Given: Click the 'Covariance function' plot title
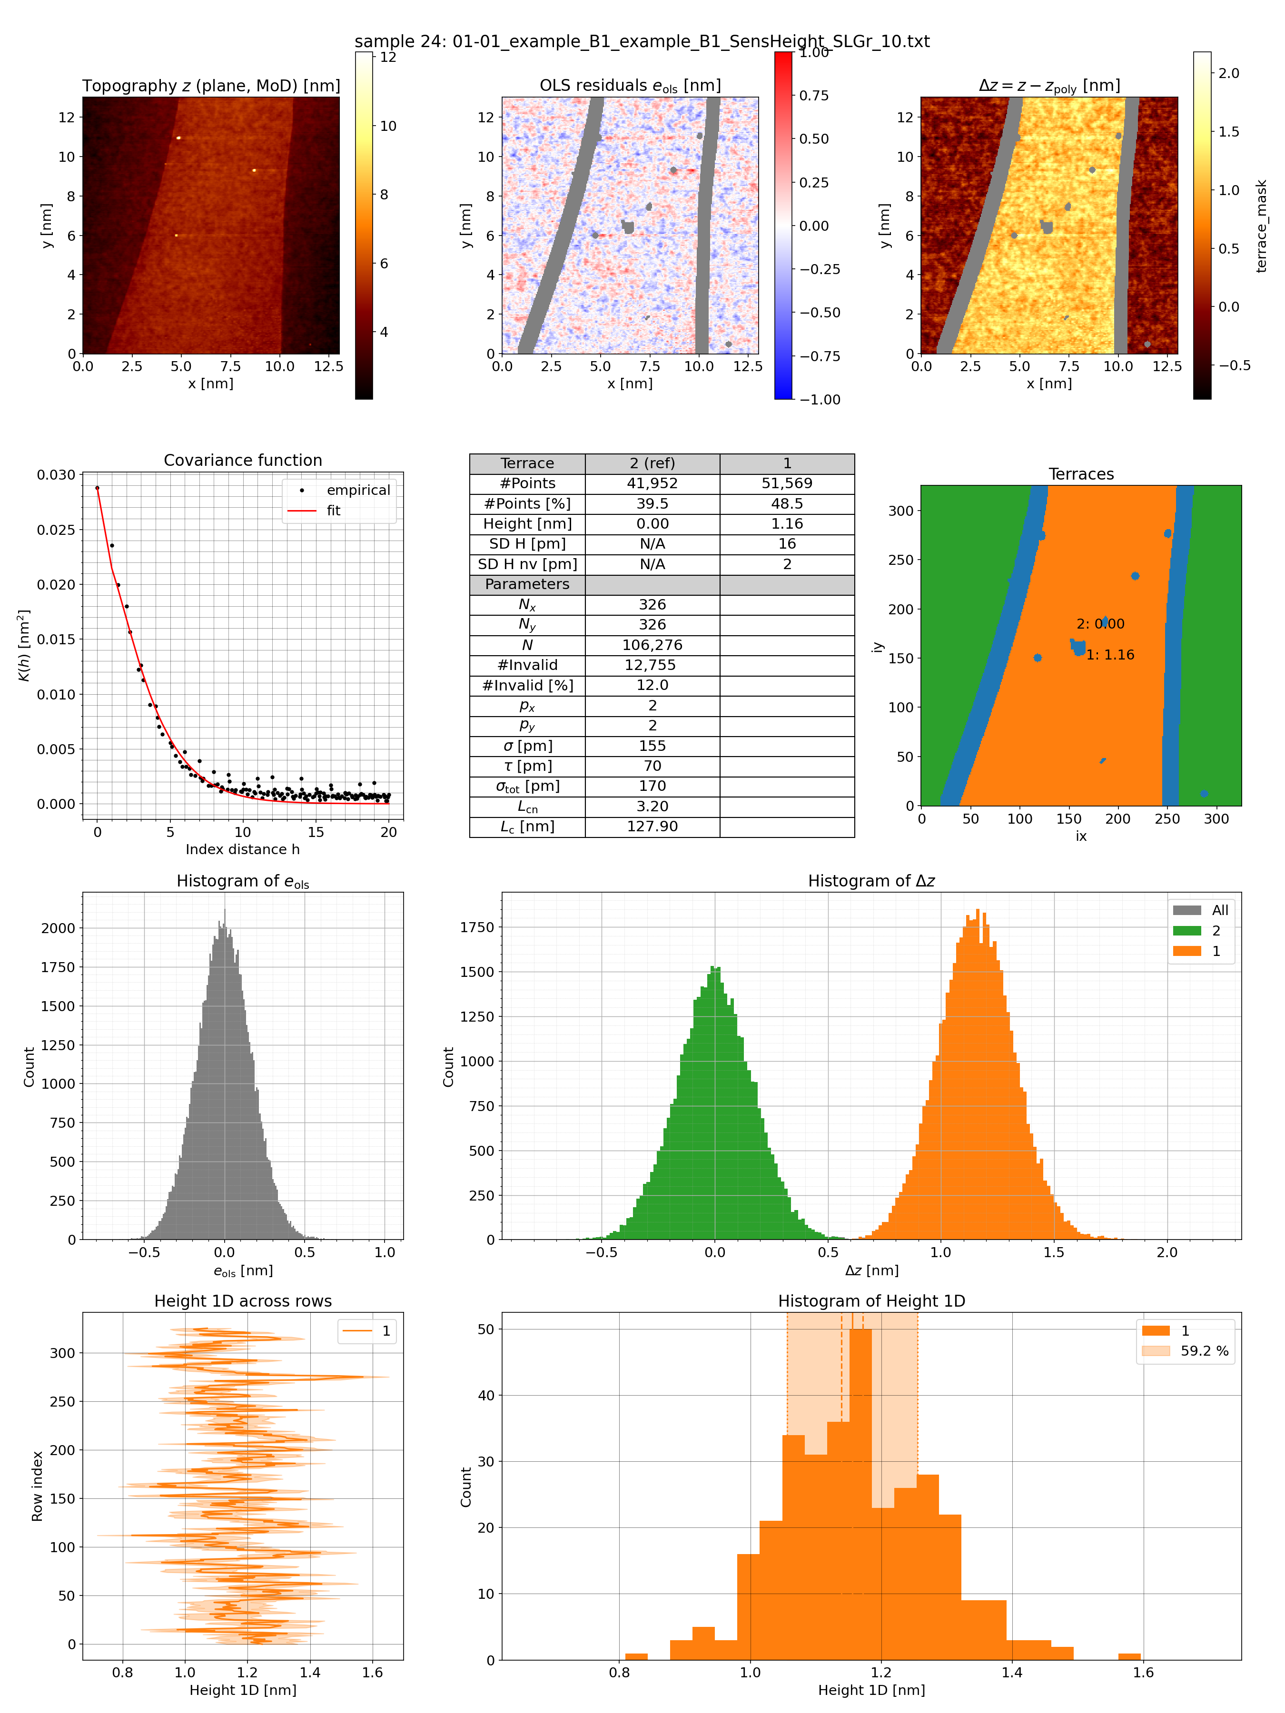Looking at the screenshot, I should point(242,460).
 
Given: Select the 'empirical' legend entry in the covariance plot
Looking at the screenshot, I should point(358,490).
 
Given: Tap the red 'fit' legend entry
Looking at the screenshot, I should point(333,511).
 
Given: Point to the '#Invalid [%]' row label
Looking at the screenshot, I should point(527,685).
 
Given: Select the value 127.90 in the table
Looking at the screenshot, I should point(652,827).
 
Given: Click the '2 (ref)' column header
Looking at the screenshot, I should point(652,463).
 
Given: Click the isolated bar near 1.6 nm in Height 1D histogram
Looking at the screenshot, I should point(1129,1656).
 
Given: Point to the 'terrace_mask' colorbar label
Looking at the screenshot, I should point(1261,226).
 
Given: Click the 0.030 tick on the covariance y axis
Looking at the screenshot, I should point(57,475).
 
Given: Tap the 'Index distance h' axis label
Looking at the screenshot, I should point(242,849).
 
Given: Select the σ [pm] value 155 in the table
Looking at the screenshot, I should point(652,746).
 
